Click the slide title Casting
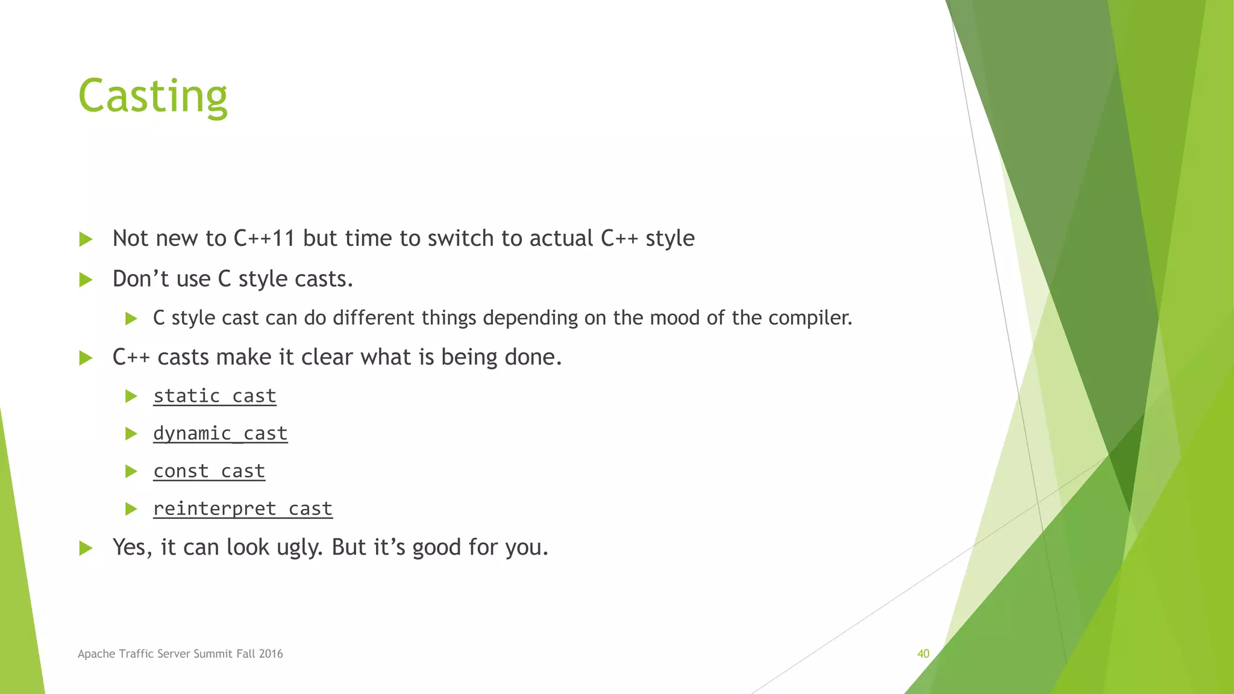pyautogui.click(x=152, y=96)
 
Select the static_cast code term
pyautogui.click(x=215, y=396)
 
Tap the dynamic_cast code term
pyautogui.click(x=220, y=433)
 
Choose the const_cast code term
pyautogui.click(x=208, y=471)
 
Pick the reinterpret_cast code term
pyautogui.click(x=242, y=508)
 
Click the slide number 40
pyautogui.click(x=923, y=654)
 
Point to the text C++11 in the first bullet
pyautogui.click(x=264, y=239)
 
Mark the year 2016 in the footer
pyautogui.click(x=271, y=654)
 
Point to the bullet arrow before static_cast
pyautogui.click(x=131, y=396)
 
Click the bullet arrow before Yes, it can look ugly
pyautogui.click(x=86, y=548)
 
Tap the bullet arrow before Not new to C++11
pyautogui.click(x=86, y=239)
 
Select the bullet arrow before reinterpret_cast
pyautogui.click(x=131, y=509)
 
